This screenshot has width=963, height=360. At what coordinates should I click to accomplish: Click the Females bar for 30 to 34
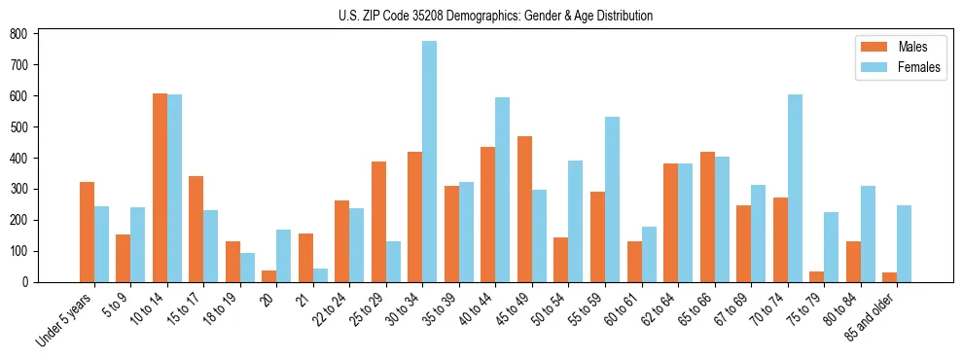pos(430,162)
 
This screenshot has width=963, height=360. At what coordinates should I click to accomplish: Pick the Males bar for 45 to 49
pos(524,209)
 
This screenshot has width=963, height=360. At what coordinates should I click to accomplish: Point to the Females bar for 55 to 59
pos(612,199)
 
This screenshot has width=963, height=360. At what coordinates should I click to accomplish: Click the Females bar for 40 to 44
pos(503,190)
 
